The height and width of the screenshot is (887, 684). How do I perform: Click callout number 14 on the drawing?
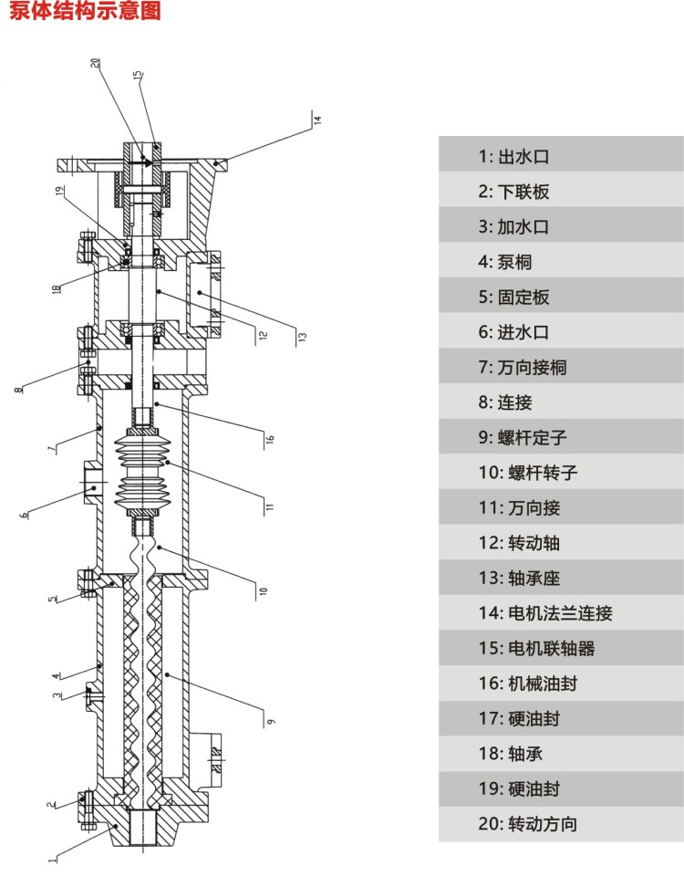pyautogui.click(x=318, y=119)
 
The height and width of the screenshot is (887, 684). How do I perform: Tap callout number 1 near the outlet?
pyautogui.click(x=52, y=858)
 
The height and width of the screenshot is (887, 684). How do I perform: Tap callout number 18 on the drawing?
pyautogui.click(x=57, y=290)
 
